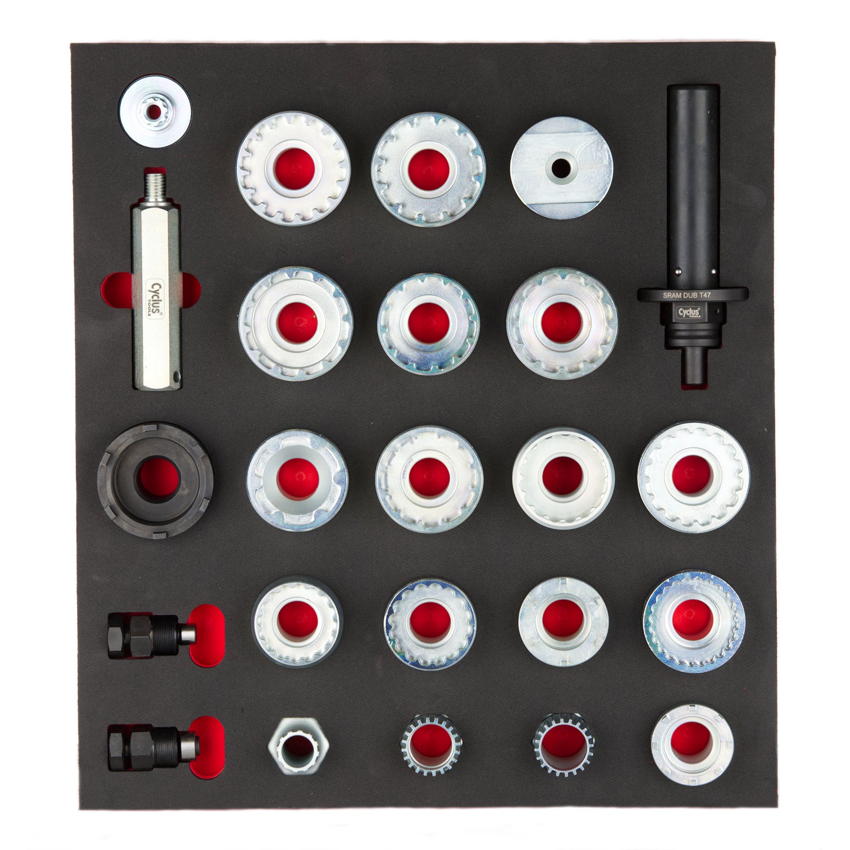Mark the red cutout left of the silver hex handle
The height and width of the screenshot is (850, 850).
[116, 292]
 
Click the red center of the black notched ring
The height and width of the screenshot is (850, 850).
[157, 478]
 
